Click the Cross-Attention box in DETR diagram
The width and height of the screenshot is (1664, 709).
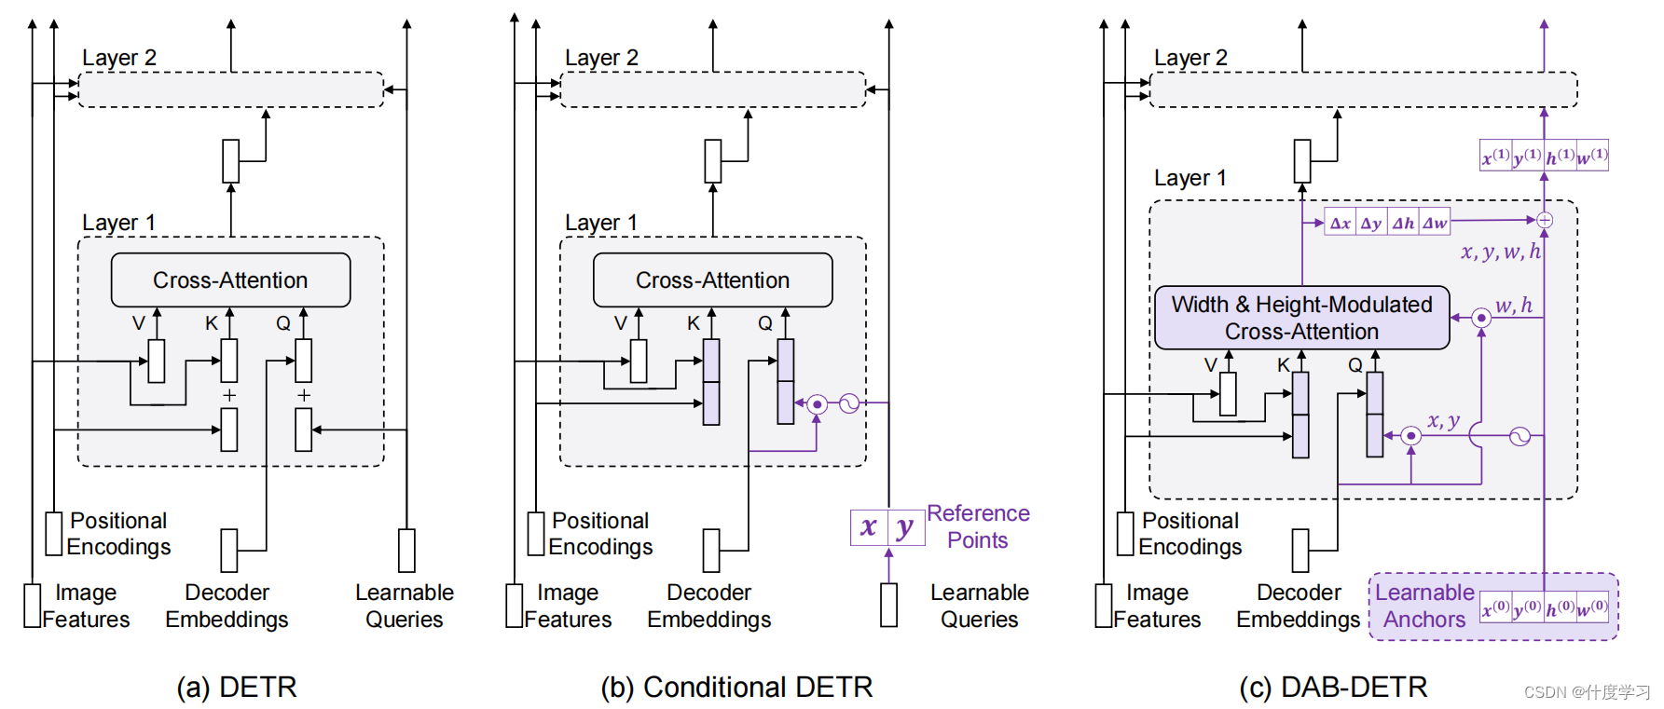[x=230, y=280]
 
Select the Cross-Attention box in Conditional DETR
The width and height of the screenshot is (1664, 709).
[x=712, y=280]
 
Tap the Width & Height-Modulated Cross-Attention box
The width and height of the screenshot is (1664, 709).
[x=1301, y=318]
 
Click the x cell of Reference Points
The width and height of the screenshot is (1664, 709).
[x=869, y=527]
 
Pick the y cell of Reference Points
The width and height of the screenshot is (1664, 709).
[x=905, y=527]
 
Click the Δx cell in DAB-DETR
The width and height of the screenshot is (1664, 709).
[x=1341, y=223]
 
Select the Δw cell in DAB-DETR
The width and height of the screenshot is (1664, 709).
[x=1435, y=223]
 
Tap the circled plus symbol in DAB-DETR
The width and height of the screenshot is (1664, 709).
[x=1544, y=220]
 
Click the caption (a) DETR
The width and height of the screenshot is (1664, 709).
[x=237, y=688]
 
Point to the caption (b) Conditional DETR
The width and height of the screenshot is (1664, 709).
[x=736, y=688]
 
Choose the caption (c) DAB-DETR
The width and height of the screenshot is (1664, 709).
[x=1333, y=688]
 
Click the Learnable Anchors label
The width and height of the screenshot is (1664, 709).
[x=1424, y=606]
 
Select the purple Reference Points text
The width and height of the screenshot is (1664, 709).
[x=978, y=526]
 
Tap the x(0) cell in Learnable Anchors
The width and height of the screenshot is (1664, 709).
[x=1495, y=608]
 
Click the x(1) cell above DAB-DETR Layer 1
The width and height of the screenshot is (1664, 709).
[x=1496, y=156]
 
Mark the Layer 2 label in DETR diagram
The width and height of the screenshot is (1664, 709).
[x=119, y=58]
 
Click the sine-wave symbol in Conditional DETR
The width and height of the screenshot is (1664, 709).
[x=848, y=403]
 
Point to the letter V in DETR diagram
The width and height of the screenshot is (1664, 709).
[x=138, y=323]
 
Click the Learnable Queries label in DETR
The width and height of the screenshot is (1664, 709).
[x=404, y=606]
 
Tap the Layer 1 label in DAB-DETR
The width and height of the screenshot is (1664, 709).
[x=1190, y=178]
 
